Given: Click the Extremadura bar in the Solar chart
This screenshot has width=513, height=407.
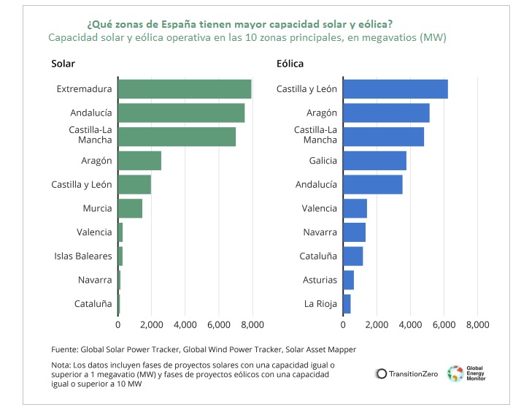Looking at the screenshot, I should click(x=185, y=89).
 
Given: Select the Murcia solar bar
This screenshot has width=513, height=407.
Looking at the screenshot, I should click(x=130, y=208).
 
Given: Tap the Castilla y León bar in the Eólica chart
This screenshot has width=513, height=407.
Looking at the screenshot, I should click(x=395, y=89).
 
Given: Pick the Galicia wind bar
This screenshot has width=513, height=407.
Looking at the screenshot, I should click(x=374, y=161).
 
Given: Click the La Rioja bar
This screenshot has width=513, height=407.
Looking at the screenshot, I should click(x=347, y=303).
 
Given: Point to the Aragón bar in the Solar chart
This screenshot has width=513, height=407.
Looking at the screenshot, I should click(x=139, y=161).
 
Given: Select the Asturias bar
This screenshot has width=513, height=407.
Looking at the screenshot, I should click(x=348, y=280).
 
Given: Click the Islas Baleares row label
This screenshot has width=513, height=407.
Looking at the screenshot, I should click(x=83, y=256).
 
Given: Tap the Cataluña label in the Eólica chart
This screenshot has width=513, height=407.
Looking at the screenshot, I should click(x=318, y=256).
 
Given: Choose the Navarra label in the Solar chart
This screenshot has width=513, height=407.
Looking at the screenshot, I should click(x=95, y=280).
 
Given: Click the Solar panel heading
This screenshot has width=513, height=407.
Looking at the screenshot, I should click(x=63, y=64).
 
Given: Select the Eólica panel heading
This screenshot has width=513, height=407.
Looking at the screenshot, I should click(x=289, y=64).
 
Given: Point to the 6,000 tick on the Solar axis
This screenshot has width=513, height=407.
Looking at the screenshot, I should click(x=219, y=324).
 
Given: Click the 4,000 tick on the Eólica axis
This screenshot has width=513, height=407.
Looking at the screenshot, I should click(x=410, y=324).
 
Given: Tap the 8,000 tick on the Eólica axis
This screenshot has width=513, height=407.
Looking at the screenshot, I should click(x=477, y=324).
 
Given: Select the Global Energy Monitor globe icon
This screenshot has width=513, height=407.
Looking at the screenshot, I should click(x=455, y=373).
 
